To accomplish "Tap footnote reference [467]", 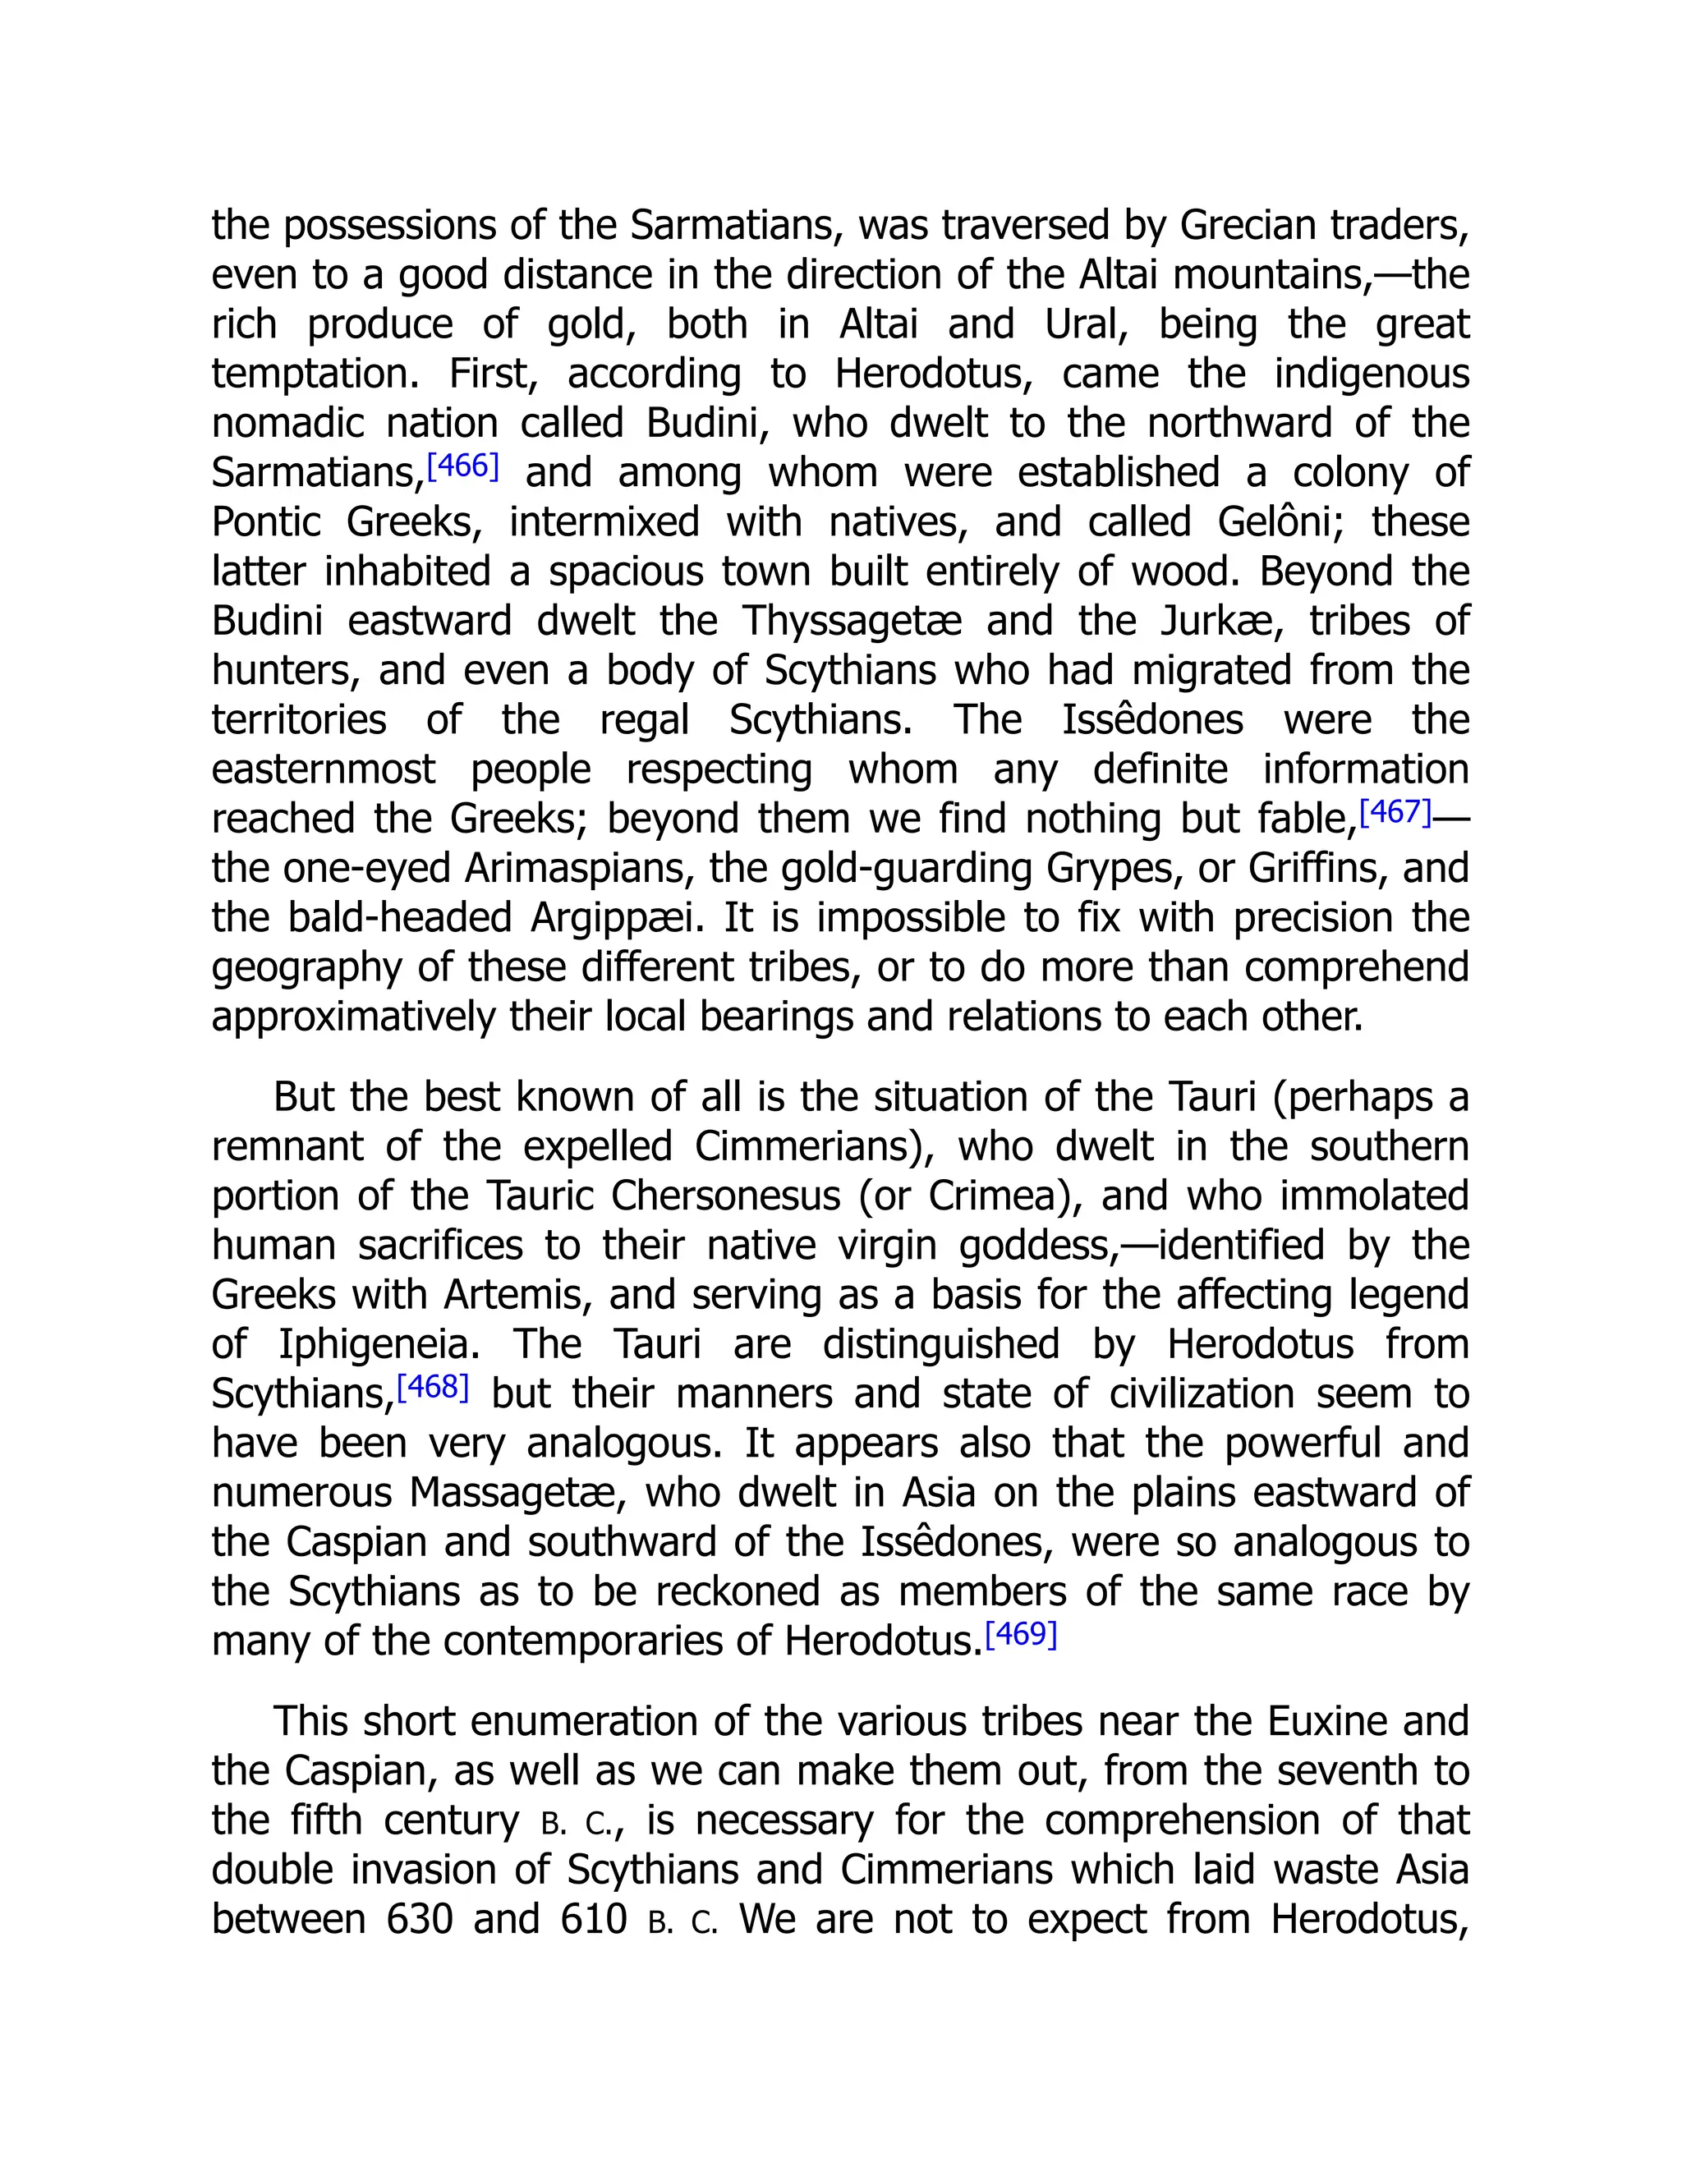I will click(x=1395, y=811).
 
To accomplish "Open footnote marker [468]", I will click(x=433, y=1386).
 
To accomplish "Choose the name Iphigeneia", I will click(x=379, y=1345).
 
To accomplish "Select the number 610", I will click(x=594, y=1920).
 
